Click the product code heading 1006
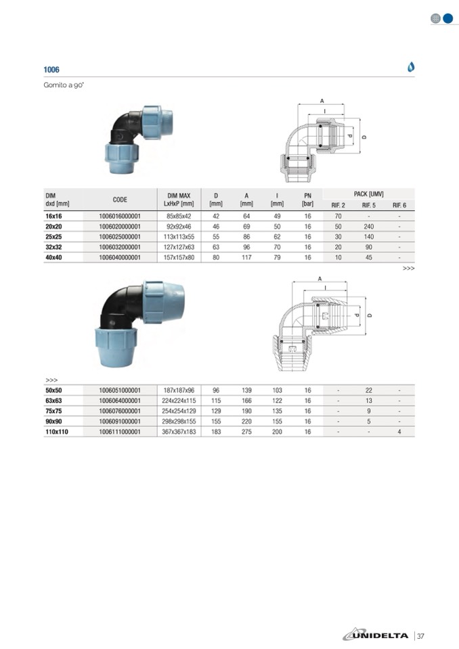[x=51, y=70]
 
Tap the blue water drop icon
[x=411, y=66]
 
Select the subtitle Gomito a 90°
[x=64, y=85]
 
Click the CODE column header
[x=120, y=200]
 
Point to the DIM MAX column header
[x=179, y=200]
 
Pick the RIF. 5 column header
[x=369, y=205]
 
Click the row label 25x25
[x=53, y=237]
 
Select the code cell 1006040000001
[x=120, y=257]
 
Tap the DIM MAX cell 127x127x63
[x=179, y=247]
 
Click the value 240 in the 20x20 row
[x=369, y=227]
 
